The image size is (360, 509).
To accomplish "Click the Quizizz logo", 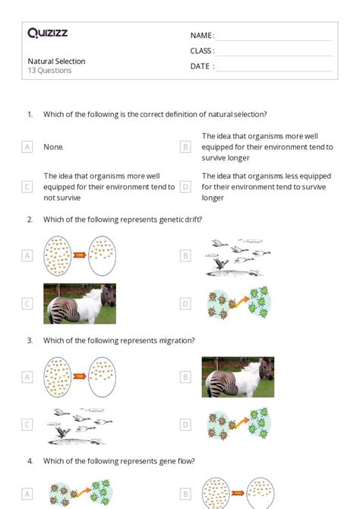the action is point(48,33).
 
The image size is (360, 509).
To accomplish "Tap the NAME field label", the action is point(202,36).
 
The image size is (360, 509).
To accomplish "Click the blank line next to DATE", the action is point(275,71).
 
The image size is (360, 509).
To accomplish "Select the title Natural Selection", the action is point(56,61).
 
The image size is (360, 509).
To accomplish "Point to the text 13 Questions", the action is point(49,71).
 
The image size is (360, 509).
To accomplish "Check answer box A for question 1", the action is point(27,147).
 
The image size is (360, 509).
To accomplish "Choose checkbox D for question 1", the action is point(185,187).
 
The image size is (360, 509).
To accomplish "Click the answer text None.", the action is point(54,147).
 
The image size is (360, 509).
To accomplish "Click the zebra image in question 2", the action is point(80,304).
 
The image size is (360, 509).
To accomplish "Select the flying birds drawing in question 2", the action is point(238,258).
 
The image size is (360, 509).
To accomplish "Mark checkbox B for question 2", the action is point(185,256).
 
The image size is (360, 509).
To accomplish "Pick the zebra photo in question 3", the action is point(238,377).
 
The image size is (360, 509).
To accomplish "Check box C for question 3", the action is point(27,425).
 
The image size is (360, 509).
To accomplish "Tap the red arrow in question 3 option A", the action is point(80,376).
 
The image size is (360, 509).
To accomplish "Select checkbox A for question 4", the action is point(27,494).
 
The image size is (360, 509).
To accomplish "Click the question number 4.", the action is point(30,461).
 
